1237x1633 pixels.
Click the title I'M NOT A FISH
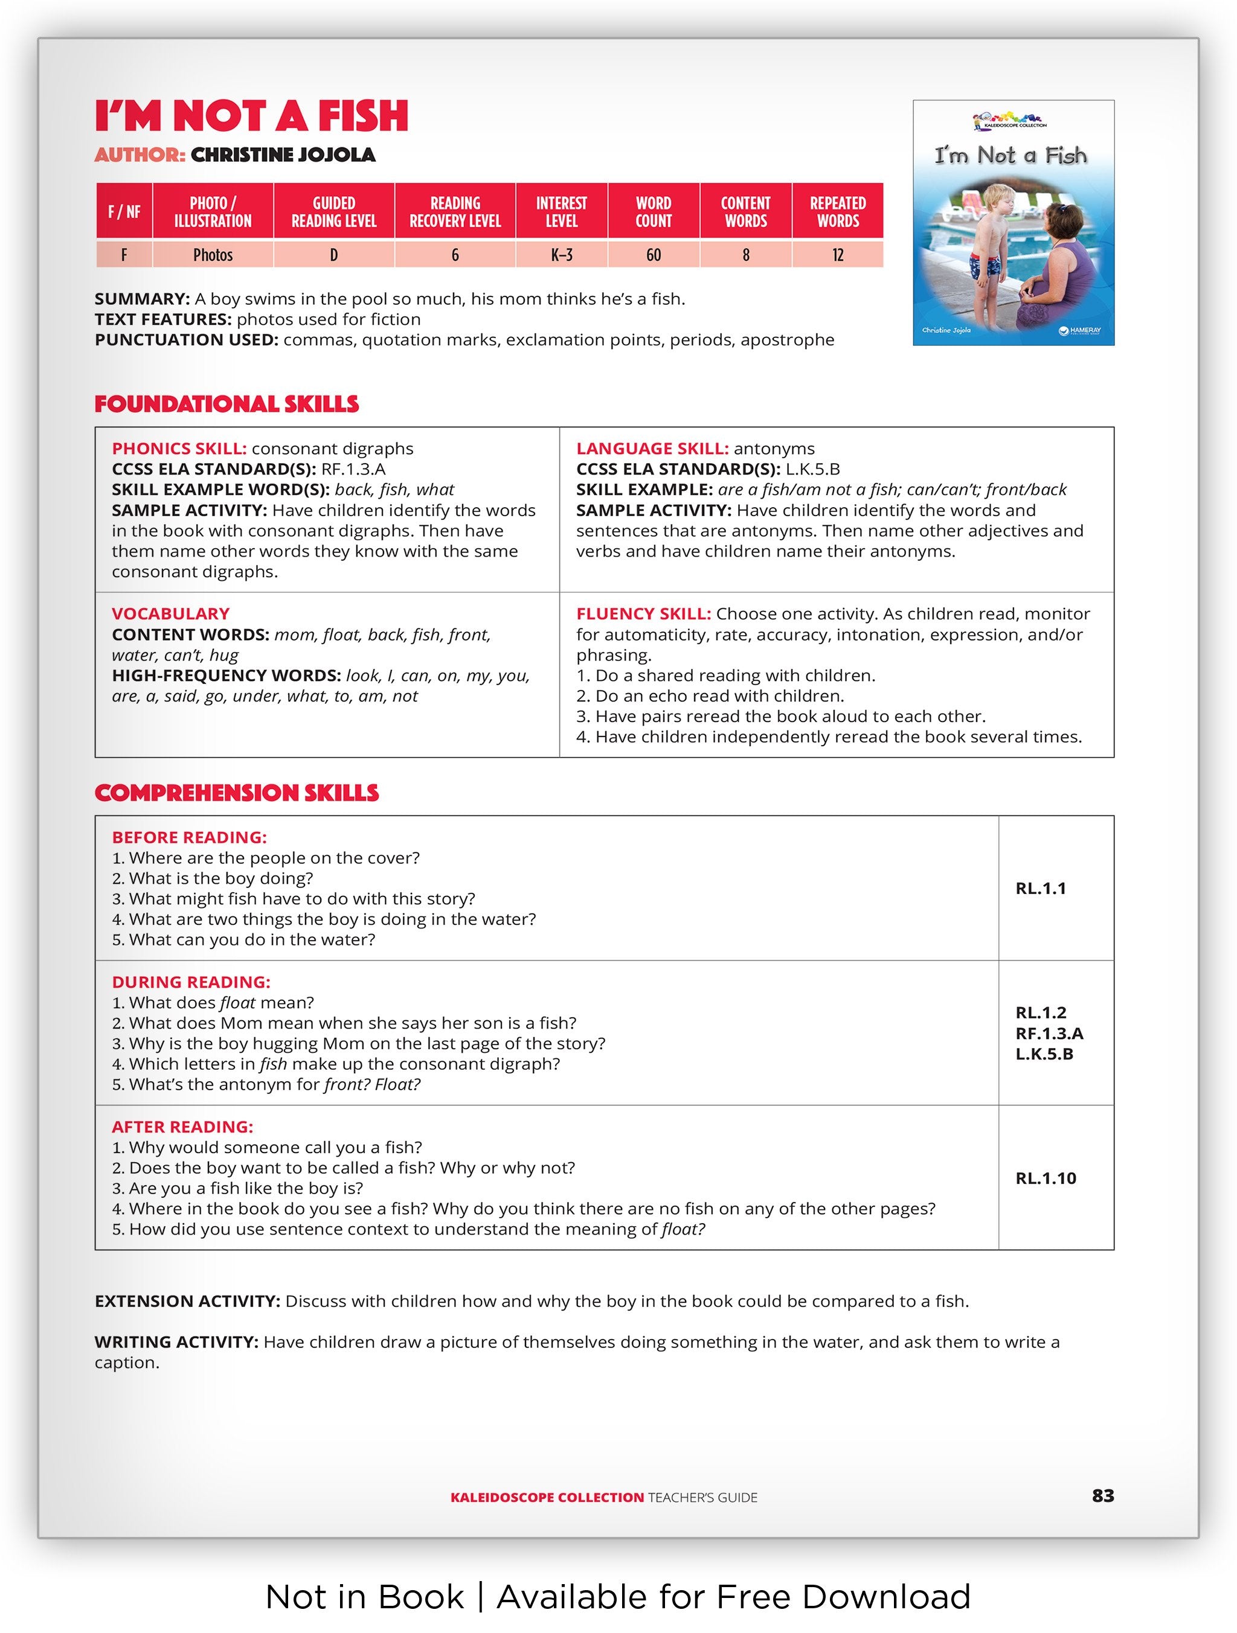pos(251,116)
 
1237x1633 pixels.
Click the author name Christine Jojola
pos(283,155)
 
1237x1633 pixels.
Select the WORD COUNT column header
pos(653,212)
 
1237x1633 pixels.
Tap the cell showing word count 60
pos(653,255)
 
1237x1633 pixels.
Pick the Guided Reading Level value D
pos(334,255)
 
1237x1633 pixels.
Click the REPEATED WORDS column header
pos(838,212)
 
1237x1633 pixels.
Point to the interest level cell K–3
pos(561,255)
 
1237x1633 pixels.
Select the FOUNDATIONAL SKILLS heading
pos(226,404)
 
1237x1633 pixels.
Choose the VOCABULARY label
pos(170,613)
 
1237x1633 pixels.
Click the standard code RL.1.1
pos(1041,889)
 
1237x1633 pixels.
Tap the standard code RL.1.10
pos(1045,1178)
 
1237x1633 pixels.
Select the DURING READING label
pos(190,982)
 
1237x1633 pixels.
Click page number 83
pos(1102,1495)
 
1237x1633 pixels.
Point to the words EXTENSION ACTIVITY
pos(187,1301)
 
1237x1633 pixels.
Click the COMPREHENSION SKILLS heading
pos(236,793)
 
